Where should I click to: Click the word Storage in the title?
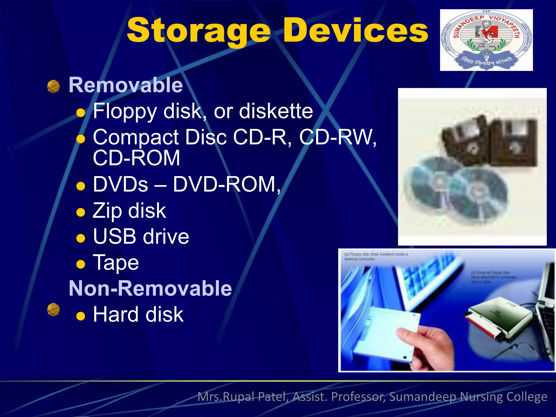click(198, 30)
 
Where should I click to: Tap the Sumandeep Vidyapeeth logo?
click(486, 40)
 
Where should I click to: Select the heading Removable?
click(126, 85)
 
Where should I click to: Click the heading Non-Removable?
click(150, 288)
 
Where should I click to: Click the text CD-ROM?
click(137, 158)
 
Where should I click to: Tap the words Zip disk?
click(129, 211)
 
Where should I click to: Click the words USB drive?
click(141, 236)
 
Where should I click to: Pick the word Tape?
click(116, 263)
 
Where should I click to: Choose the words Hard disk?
click(138, 314)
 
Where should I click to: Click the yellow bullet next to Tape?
click(81, 264)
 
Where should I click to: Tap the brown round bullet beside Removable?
click(53, 86)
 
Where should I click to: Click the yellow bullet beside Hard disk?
click(81, 316)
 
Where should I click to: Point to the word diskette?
click(276, 111)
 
